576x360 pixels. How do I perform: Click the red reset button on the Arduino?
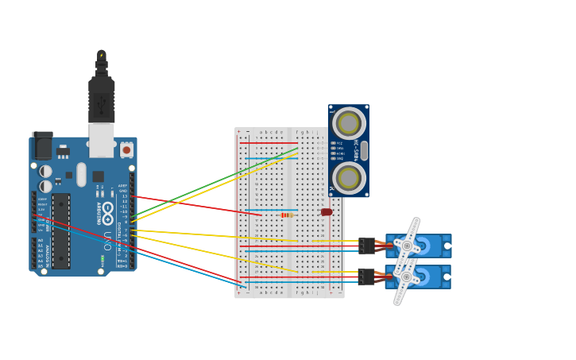click(126, 149)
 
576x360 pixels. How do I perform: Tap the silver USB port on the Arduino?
click(101, 140)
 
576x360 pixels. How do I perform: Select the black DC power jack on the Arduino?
click(43, 146)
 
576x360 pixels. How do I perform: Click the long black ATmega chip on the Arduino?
click(61, 230)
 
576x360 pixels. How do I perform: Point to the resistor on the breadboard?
click(287, 215)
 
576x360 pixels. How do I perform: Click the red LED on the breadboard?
click(327, 212)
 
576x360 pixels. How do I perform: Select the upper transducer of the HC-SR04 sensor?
click(349, 123)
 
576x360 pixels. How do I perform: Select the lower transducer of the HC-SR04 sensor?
click(349, 178)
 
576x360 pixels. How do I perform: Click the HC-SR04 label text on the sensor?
click(356, 151)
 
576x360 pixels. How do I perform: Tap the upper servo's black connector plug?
click(366, 246)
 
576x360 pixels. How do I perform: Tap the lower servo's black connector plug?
click(366, 277)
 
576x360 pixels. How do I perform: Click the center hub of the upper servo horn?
click(407, 246)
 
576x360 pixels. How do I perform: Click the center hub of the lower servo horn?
click(406, 277)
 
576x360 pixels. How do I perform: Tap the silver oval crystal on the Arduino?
click(81, 174)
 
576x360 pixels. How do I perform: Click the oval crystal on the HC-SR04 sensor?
click(364, 150)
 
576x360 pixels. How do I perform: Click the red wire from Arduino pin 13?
click(199, 205)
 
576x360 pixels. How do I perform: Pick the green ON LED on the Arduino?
click(102, 258)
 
